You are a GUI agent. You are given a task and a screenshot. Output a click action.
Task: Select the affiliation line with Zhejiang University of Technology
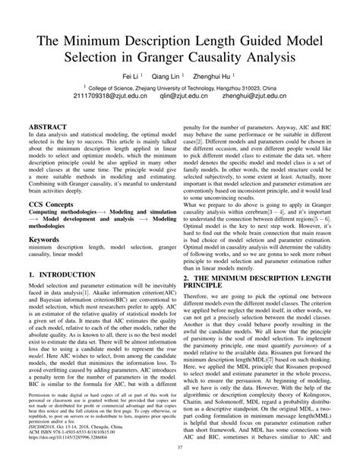click(x=180, y=87)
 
